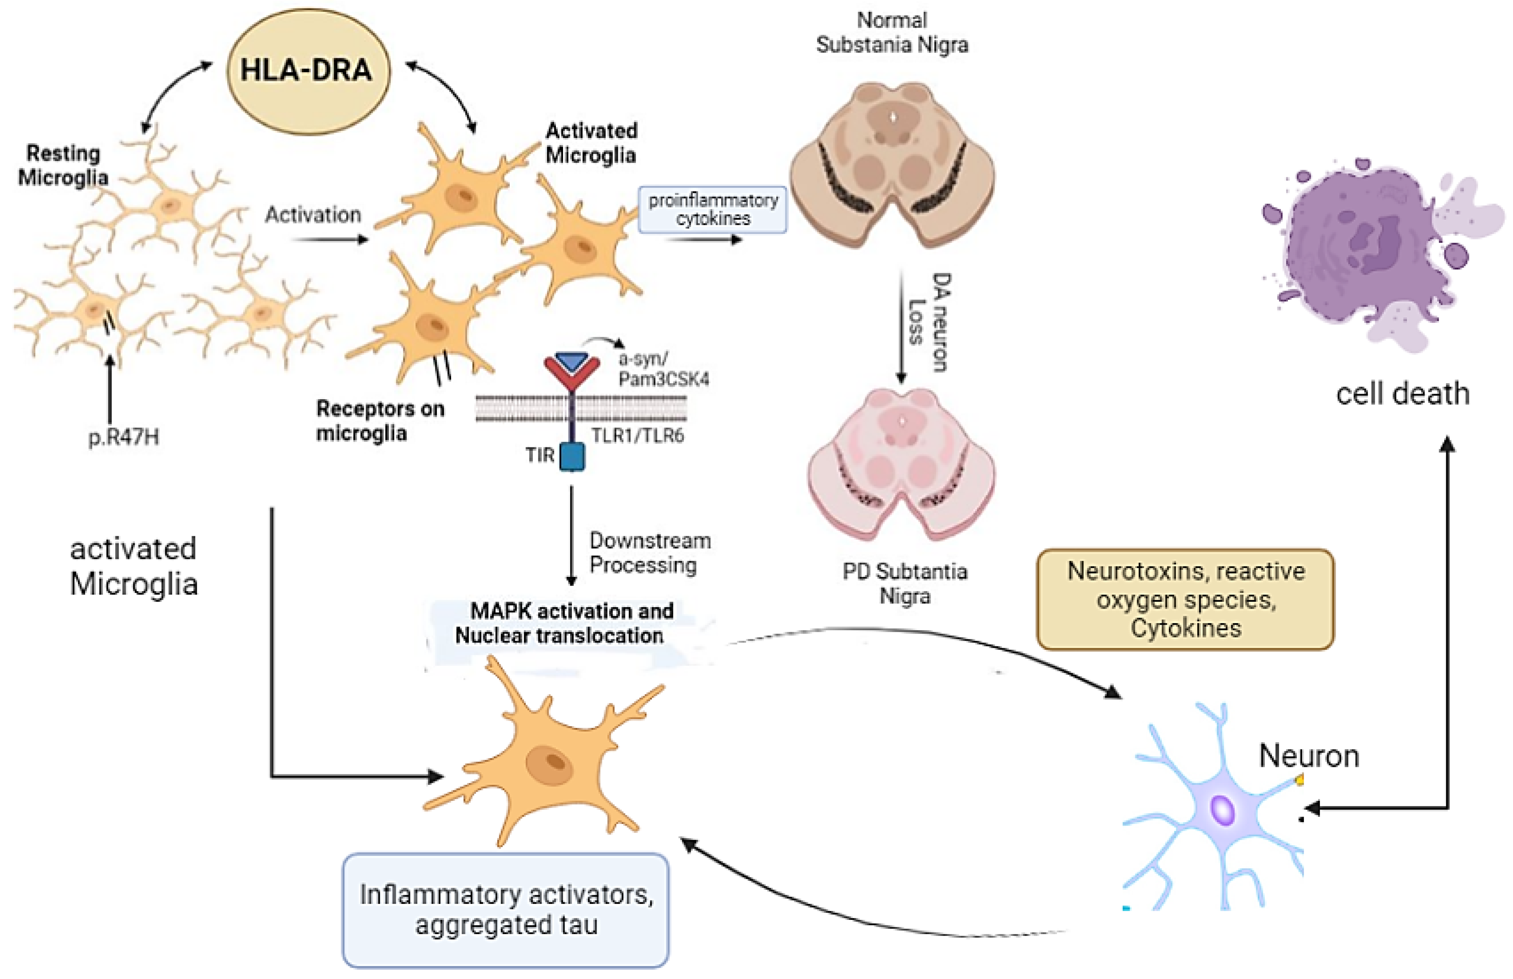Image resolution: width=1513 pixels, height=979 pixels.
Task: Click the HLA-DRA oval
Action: coord(308,71)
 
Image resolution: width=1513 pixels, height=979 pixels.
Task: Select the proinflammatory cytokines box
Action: coord(712,209)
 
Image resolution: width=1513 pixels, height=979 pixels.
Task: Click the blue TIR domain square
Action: coord(572,457)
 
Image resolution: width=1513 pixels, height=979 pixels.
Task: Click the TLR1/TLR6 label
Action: coord(637,436)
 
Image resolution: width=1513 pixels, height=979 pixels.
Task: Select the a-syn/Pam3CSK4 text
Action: coord(663,369)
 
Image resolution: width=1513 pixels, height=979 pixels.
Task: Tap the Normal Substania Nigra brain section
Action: coord(892,164)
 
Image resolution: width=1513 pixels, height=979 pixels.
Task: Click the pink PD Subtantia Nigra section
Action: coord(901,464)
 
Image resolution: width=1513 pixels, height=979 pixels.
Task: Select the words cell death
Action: coord(1402,394)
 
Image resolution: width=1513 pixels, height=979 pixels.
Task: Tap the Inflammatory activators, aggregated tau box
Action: coord(506,909)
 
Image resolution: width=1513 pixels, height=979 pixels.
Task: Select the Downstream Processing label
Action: coord(648,553)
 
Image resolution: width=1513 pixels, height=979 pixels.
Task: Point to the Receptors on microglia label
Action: coord(379,420)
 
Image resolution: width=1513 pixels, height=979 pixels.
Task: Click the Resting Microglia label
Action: coord(63,165)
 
